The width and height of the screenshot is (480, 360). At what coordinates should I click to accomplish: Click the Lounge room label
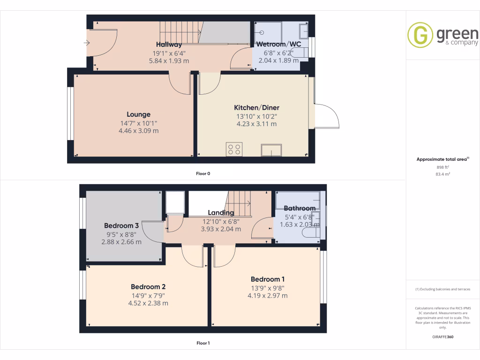click(x=138, y=114)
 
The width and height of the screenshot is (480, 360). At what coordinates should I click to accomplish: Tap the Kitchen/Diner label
click(x=256, y=108)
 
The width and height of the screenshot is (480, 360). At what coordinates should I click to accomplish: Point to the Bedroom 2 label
click(x=148, y=287)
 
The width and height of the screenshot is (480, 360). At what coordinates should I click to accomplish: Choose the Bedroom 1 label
click(x=268, y=279)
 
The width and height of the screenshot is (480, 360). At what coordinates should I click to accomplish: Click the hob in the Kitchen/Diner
click(x=234, y=149)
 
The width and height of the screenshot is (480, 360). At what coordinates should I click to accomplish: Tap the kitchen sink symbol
click(x=272, y=150)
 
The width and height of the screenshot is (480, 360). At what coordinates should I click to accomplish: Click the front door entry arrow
click(x=87, y=43)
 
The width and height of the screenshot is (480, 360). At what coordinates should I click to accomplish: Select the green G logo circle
click(x=420, y=35)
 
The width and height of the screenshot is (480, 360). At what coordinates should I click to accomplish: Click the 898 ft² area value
click(x=443, y=167)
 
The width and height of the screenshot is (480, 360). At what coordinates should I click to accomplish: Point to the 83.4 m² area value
click(x=443, y=174)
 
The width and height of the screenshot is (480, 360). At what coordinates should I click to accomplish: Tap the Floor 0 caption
click(x=203, y=174)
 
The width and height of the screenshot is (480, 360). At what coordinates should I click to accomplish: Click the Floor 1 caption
click(x=203, y=344)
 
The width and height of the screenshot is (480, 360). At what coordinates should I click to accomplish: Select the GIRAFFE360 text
click(x=443, y=337)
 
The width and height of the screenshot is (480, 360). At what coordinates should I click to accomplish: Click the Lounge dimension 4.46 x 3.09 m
click(x=138, y=131)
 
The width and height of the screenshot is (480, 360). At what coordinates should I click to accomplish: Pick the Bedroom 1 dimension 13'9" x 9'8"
click(x=268, y=288)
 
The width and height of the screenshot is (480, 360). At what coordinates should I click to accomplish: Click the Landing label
click(x=221, y=213)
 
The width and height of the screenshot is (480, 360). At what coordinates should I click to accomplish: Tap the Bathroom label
click(x=300, y=208)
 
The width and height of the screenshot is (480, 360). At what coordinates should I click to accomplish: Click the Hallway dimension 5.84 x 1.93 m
click(x=169, y=61)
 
